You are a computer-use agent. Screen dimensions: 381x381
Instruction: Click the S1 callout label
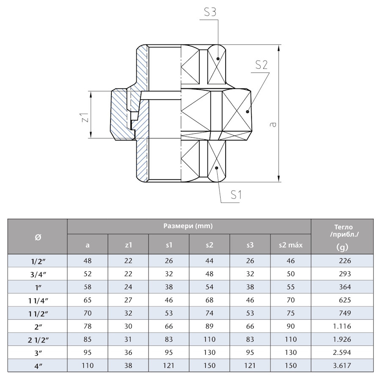[x=237, y=195]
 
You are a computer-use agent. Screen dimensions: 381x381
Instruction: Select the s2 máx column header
[x=290, y=245]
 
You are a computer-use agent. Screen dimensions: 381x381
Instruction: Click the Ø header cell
[x=38, y=237]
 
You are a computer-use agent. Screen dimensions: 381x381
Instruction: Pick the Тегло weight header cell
[x=342, y=237]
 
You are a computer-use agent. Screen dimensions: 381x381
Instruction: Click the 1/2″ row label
[x=38, y=261]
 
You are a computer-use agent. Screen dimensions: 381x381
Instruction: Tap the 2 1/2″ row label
[x=38, y=340]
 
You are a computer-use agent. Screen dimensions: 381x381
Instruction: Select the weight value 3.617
[x=342, y=365]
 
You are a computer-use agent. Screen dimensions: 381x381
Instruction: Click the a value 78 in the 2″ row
[x=88, y=326]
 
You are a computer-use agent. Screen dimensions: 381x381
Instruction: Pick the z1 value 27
[x=128, y=300]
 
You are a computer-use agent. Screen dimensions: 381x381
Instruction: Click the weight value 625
[x=342, y=300]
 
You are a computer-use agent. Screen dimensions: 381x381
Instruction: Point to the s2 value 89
[x=209, y=326]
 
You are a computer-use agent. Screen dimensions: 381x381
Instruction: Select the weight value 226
[x=342, y=261]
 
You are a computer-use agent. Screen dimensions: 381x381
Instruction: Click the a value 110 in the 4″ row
[x=88, y=365]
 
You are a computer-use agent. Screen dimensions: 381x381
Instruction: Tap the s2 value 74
[x=209, y=313]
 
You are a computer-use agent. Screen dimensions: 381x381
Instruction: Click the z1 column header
[x=128, y=245]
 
